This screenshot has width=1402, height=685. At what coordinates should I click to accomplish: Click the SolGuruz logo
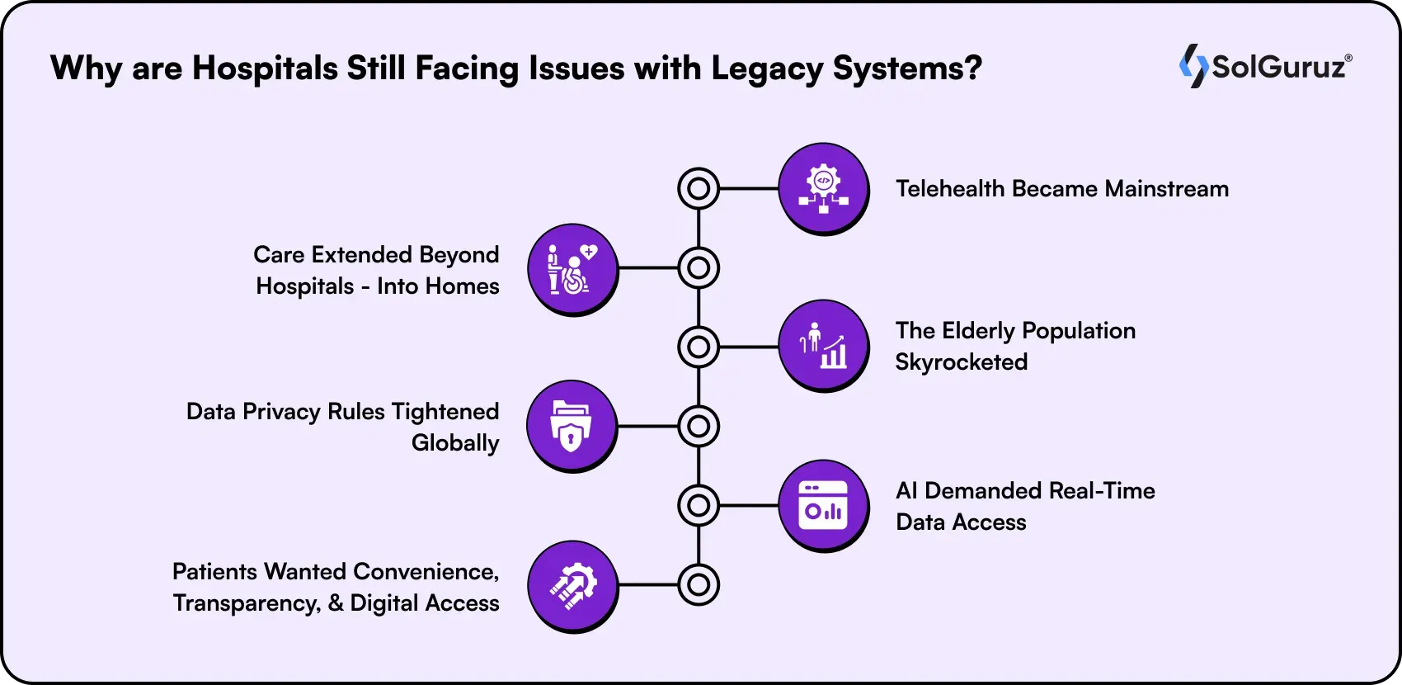[1265, 66]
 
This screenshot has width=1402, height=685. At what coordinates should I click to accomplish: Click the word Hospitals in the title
[265, 68]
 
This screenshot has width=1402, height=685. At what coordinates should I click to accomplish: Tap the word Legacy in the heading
[766, 68]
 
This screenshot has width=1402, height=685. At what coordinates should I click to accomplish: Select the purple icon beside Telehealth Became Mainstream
[823, 189]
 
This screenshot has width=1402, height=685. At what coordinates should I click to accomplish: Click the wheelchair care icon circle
[572, 268]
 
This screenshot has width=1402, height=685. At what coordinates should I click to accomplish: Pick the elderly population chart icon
[823, 346]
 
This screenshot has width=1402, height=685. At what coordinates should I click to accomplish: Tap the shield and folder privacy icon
[572, 426]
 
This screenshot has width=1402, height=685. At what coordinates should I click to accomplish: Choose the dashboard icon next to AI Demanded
[823, 505]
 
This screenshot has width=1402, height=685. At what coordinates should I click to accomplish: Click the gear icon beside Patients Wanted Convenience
[572, 586]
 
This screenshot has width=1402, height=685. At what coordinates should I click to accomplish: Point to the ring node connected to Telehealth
[699, 189]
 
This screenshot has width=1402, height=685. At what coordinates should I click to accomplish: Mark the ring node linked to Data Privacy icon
[699, 426]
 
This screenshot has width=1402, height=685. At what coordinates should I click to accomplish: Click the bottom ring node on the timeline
[699, 585]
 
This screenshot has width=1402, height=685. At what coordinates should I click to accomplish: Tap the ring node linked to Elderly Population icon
[699, 347]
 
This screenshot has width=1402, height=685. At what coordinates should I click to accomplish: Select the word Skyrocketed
[962, 362]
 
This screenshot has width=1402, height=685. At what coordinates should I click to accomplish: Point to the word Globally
[455, 443]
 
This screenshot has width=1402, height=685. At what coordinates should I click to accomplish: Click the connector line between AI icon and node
[749, 505]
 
